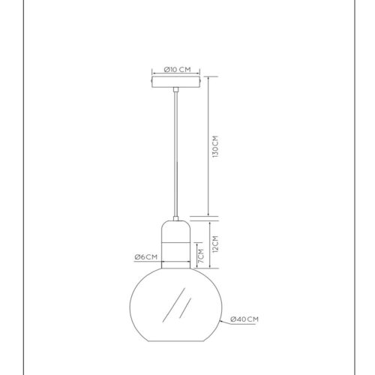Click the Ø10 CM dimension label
coord(177,70)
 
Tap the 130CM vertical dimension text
coord(215,146)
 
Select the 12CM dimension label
coord(215,244)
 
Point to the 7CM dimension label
coord(201,256)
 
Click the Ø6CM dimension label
coord(146,256)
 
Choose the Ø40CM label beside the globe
coord(244,319)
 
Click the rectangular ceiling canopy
coord(176,82)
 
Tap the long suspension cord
coord(176,154)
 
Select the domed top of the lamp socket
coord(176,231)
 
